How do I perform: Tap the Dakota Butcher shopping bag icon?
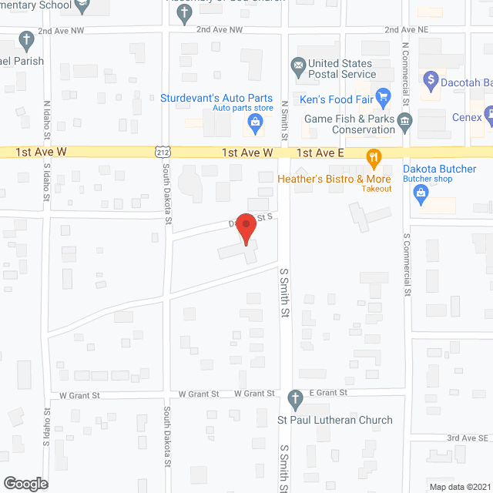click(x=421, y=196)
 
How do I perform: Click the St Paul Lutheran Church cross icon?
click(x=294, y=400)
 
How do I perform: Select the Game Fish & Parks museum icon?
click(x=405, y=120)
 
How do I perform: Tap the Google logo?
click(x=25, y=484)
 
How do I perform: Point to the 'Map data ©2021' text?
click(x=458, y=487)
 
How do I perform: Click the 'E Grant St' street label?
click(x=329, y=393)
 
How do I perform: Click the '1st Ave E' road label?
click(x=319, y=153)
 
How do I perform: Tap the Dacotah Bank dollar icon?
click(x=431, y=79)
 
